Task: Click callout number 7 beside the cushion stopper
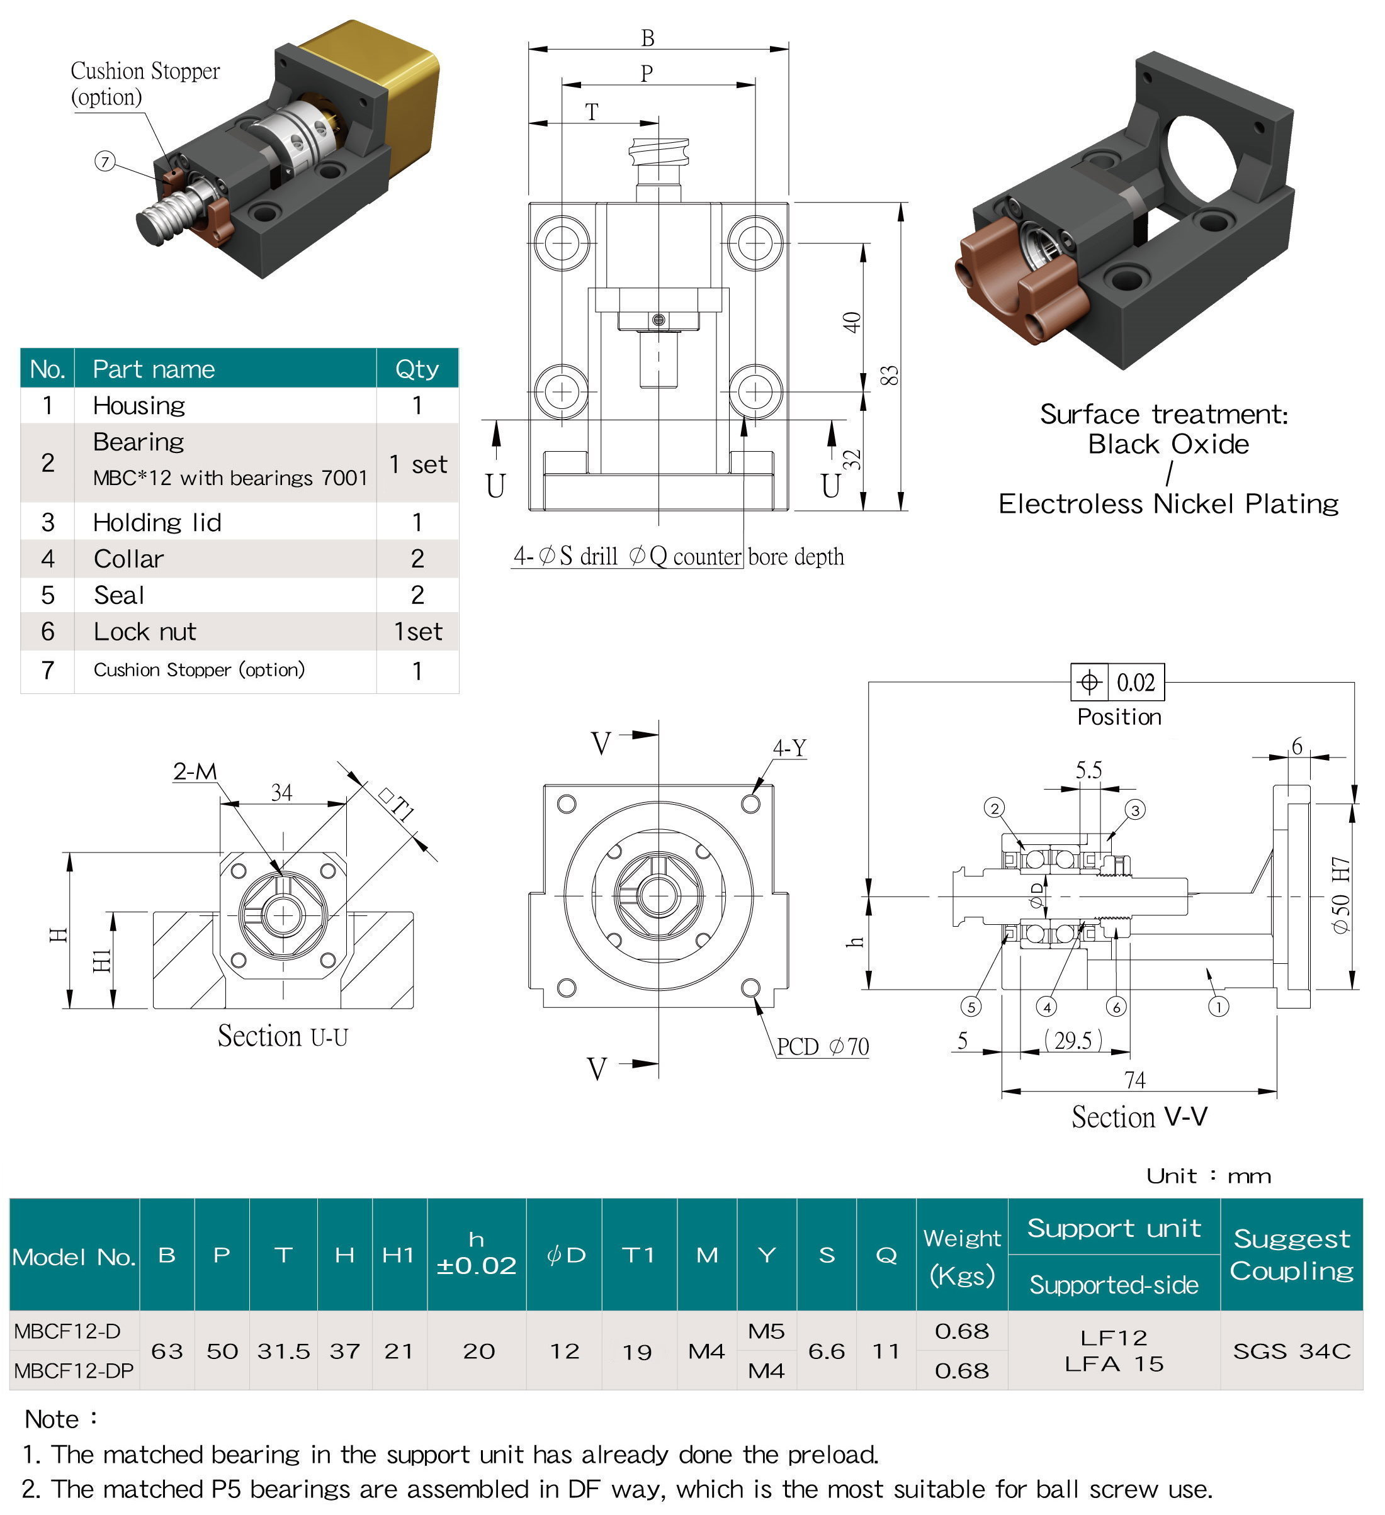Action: pyautogui.click(x=105, y=161)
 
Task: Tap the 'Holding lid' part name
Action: pyautogui.click(x=157, y=522)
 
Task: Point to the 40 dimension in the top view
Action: pyautogui.click(x=851, y=321)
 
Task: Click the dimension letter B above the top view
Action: pyautogui.click(x=647, y=38)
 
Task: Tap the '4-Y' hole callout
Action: pyautogui.click(x=789, y=747)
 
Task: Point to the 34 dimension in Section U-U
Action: pyautogui.click(x=281, y=792)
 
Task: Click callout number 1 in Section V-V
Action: pyautogui.click(x=1218, y=1006)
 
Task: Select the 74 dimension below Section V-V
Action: pyautogui.click(x=1134, y=1080)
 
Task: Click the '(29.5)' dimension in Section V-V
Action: pyautogui.click(x=1073, y=1040)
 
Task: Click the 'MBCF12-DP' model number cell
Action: pyautogui.click(x=74, y=1371)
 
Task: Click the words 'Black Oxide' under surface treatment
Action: pyautogui.click(x=1168, y=444)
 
